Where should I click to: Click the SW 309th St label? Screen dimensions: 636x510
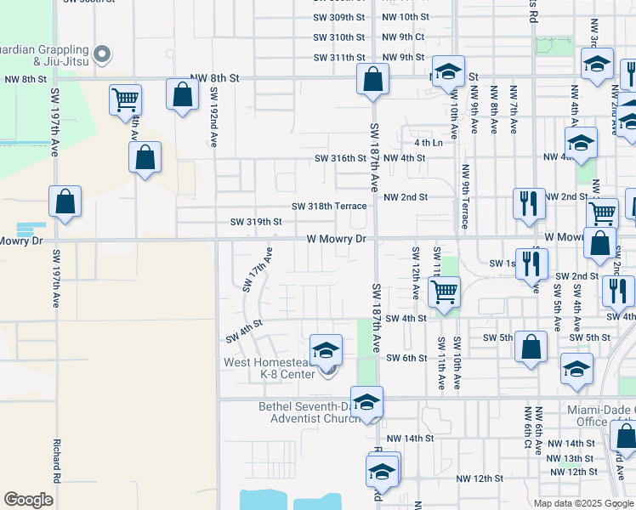[x=338, y=17]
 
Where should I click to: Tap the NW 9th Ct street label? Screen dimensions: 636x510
[x=403, y=37]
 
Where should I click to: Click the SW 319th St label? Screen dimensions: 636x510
[x=256, y=222]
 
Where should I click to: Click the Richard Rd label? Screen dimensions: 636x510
[x=56, y=460]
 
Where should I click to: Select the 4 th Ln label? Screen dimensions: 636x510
[x=429, y=143]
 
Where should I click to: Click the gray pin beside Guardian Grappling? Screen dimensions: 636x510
[x=103, y=55]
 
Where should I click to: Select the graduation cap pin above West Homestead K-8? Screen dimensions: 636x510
[x=325, y=349]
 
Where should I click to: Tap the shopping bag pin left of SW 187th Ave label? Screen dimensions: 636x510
[x=372, y=81]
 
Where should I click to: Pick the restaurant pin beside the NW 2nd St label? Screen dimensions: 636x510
[x=529, y=204]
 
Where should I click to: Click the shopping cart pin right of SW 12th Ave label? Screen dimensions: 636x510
[x=443, y=292]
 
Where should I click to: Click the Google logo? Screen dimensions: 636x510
[x=28, y=499]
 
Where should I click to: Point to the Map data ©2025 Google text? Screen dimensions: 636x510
[x=582, y=503]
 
